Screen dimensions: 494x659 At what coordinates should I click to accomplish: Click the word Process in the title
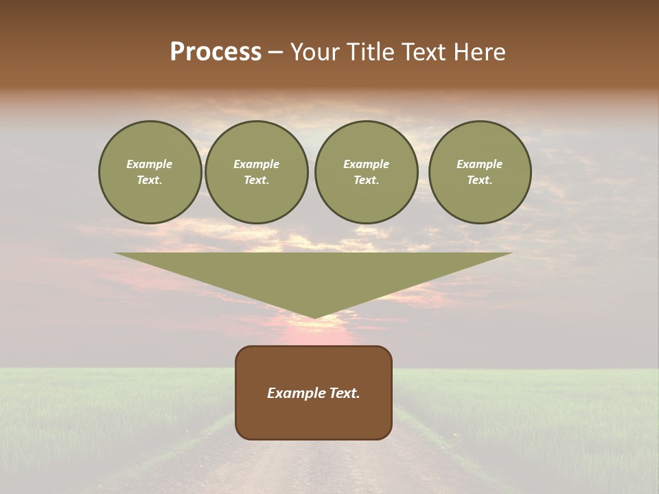coord(216,52)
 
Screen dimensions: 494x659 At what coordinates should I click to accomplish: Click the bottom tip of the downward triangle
coord(314,316)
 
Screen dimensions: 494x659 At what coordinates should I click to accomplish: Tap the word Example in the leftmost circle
coord(150,164)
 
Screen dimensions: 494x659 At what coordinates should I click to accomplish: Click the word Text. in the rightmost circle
coord(479,180)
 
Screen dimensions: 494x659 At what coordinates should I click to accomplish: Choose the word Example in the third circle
coord(366,164)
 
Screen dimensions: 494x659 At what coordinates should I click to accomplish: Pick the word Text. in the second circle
coord(256,180)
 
